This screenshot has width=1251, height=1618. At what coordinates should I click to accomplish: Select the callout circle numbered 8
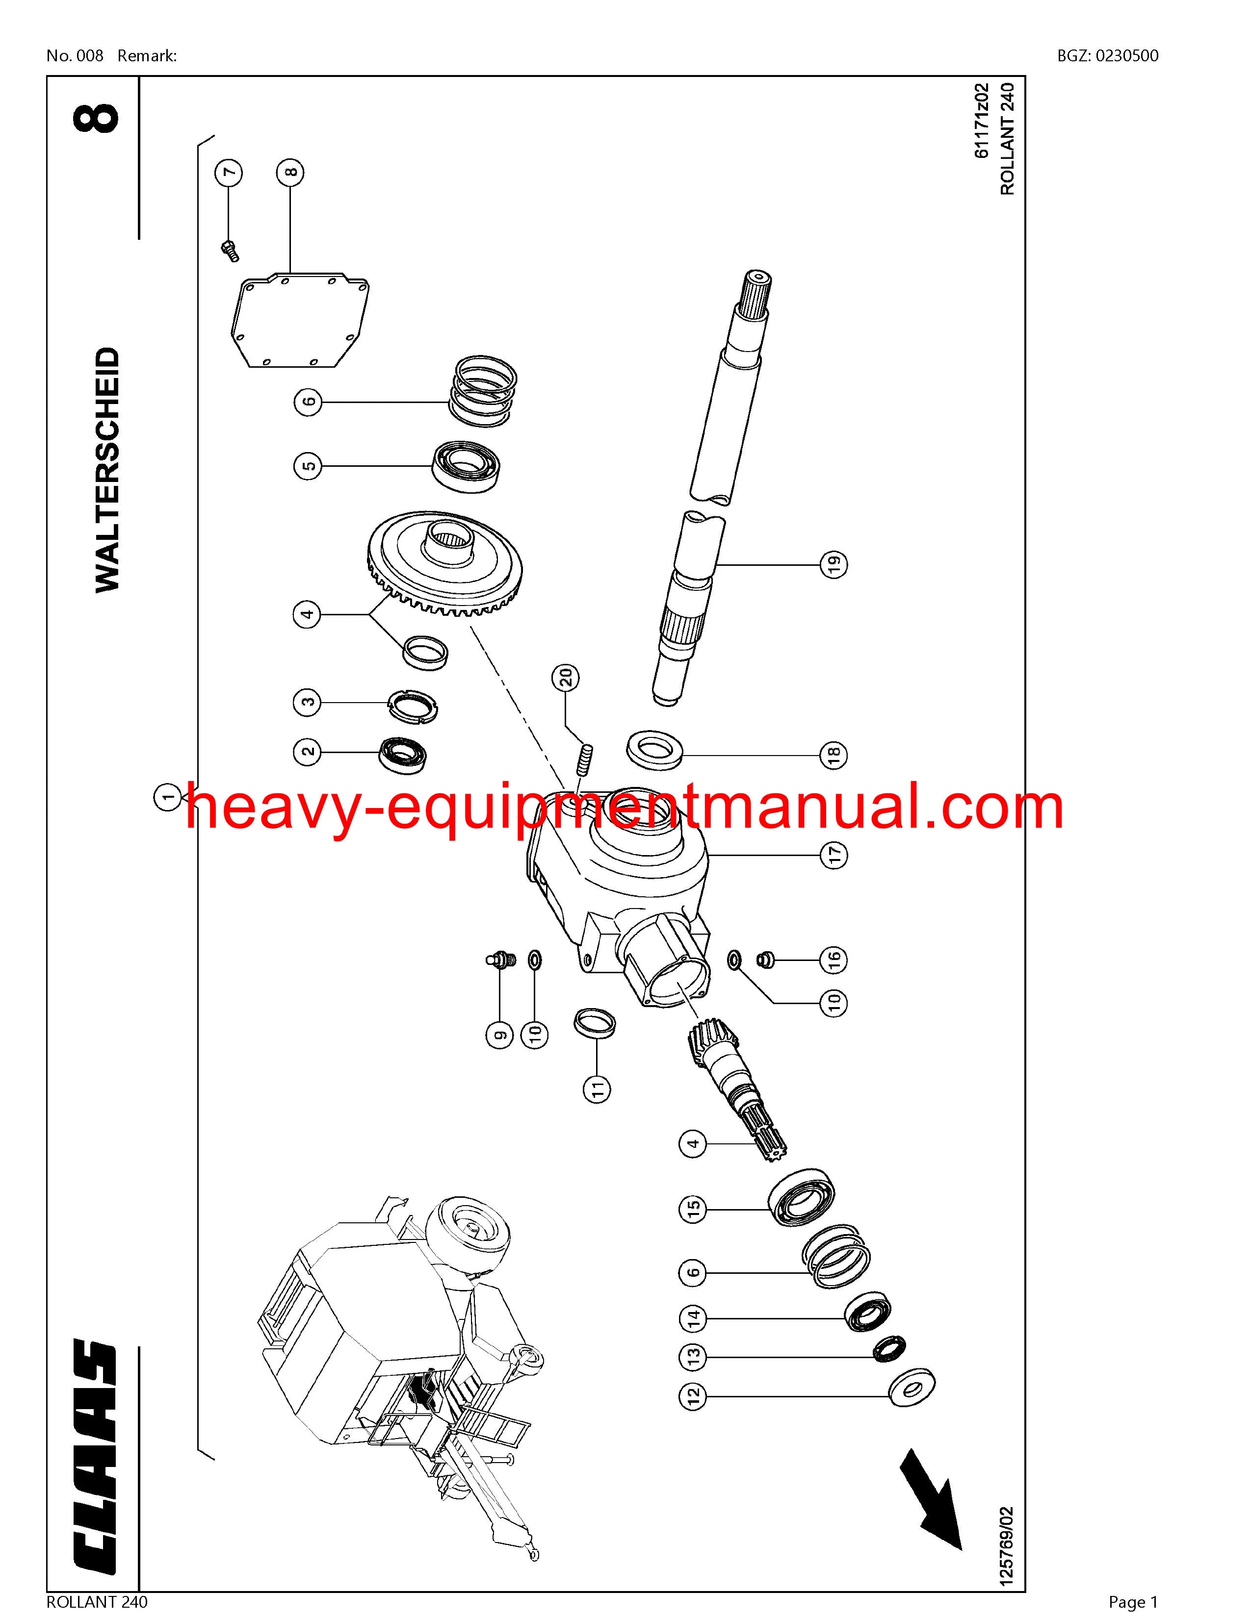[x=290, y=173]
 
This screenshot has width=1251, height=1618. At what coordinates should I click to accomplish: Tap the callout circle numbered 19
[x=834, y=564]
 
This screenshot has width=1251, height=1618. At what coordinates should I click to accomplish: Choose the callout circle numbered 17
[x=834, y=856]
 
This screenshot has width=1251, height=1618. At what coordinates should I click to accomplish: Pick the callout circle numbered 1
[x=167, y=797]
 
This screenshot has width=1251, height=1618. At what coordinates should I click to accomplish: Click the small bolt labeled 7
[x=230, y=251]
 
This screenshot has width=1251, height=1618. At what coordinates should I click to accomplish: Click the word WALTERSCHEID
[x=107, y=470]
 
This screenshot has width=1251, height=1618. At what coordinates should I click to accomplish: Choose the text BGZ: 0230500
[x=1108, y=55]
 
